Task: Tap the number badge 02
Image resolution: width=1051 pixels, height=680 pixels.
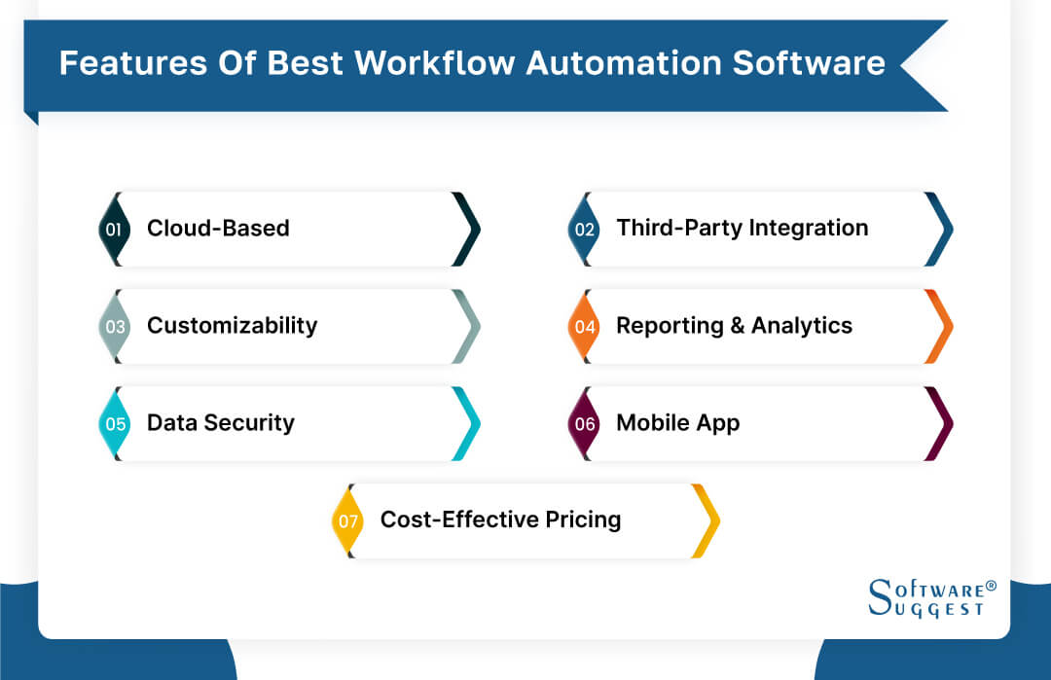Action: click(x=584, y=230)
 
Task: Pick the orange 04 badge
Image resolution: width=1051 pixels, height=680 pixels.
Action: click(x=584, y=327)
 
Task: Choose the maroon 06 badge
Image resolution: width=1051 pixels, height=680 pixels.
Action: click(x=584, y=424)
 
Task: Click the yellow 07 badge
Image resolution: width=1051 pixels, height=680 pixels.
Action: click(x=347, y=521)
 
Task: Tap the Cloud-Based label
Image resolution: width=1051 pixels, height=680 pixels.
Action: click(x=218, y=229)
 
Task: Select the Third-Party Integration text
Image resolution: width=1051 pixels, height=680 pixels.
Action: click(x=742, y=229)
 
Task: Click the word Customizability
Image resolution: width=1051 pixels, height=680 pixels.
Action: click(x=232, y=326)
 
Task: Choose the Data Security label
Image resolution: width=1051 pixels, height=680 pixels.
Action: click(x=220, y=423)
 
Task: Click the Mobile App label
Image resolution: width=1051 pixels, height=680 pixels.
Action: click(x=677, y=423)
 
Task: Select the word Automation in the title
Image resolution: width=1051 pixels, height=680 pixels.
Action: click(x=625, y=63)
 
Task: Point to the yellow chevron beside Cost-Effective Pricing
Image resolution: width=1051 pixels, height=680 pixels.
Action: click(x=707, y=521)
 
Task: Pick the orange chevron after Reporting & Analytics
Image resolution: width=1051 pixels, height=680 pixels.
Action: click(x=940, y=327)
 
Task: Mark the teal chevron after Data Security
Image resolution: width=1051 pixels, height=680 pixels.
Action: click(x=468, y=424)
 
